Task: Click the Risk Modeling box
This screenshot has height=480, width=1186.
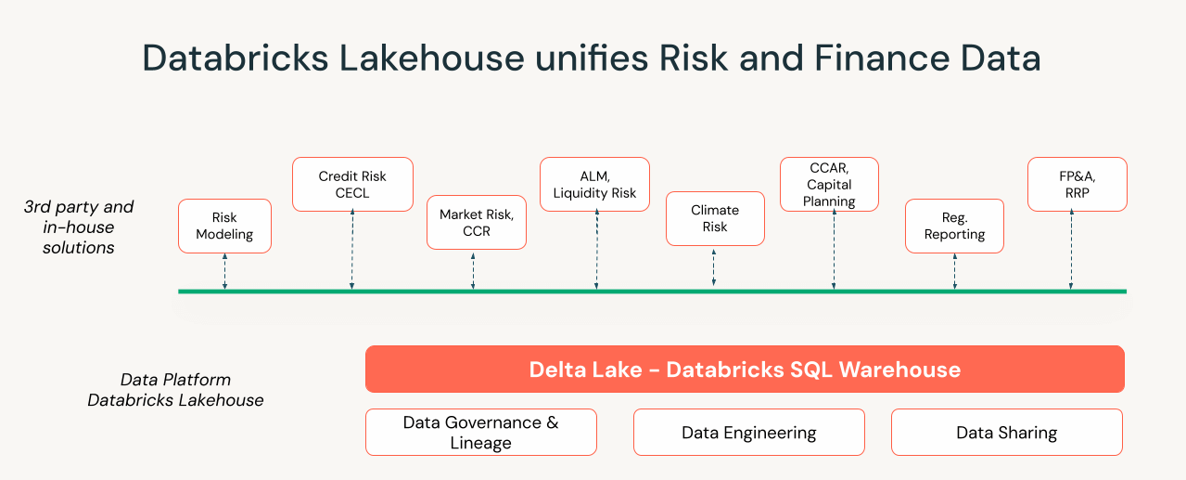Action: [224, 226]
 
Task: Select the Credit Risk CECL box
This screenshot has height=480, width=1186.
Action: [352, 184]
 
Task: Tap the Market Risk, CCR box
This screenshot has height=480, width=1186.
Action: [477, 223]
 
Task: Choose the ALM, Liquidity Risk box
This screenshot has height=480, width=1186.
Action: [594, 184]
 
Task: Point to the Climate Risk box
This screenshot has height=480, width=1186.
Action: [715, 219]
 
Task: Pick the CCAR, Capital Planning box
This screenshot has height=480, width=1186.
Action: [829, 184]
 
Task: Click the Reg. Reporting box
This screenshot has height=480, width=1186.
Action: [954, 226]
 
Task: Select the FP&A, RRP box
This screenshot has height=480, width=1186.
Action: [1077, 184]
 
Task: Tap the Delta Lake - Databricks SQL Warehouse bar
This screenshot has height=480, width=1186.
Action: [745, 370]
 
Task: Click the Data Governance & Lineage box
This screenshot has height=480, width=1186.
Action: [480, 433]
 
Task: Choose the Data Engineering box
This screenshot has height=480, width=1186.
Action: [748, 433]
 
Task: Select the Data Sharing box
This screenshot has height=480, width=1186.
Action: [1006, 433]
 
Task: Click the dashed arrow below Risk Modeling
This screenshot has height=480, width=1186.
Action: [224, 271]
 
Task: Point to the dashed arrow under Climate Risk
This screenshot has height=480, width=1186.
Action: [714, 267]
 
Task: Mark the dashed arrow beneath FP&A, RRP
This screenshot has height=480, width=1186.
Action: [1071, 251]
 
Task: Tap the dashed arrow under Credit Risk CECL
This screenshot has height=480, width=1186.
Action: [352, 251]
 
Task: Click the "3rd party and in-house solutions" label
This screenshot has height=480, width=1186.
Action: [79, 227]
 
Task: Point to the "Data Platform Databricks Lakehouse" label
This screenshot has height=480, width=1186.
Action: [175, 390]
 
